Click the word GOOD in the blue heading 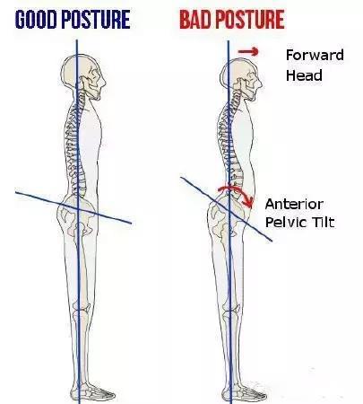[36, 20]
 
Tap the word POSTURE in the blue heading [96, 20]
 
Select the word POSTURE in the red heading [250, 20]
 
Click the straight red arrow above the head [247, 51]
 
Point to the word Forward [315, 55]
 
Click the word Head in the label [304, 75]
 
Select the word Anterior [294, 205]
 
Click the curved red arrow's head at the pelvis [248, 203]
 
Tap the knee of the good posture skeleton [82, 312]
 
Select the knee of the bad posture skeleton [230, 314]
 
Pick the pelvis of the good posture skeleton [77, 214]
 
